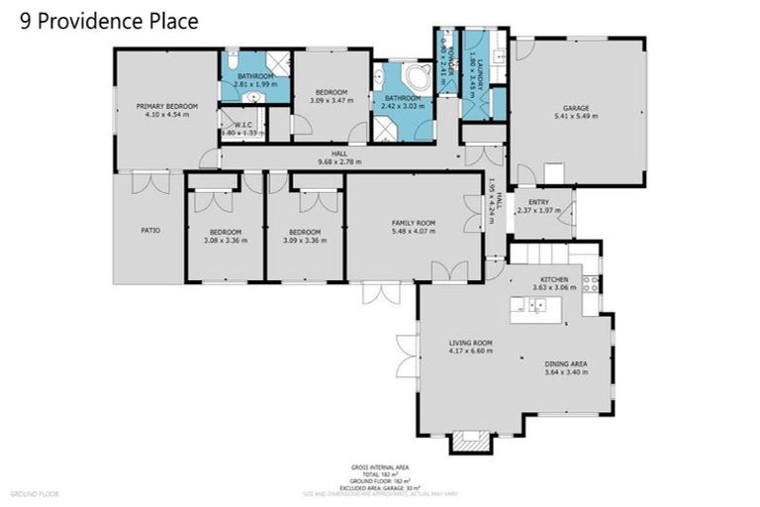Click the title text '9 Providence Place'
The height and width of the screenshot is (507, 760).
(109, 21)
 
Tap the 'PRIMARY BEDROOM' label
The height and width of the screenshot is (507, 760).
(167, 106)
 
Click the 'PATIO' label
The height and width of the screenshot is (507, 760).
(149, 231)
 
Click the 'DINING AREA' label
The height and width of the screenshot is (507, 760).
(566, 364)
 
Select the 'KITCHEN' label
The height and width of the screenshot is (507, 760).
(553, 280)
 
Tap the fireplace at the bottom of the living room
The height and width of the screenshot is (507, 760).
(470, 439)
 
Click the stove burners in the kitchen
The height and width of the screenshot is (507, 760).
(593, 283)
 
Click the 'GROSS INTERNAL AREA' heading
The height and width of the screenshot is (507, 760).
(380, 466)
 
